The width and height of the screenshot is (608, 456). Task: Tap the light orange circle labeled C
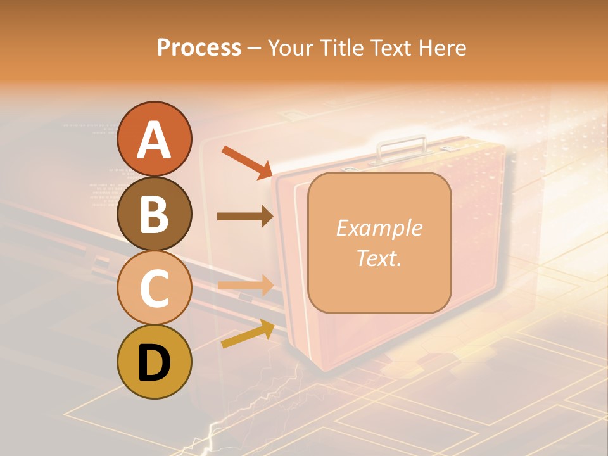point(154,288)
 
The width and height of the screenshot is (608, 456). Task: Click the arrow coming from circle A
point(246,161)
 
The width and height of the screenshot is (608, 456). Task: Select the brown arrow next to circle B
point(245,217)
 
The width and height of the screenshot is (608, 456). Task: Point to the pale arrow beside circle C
point(245,285)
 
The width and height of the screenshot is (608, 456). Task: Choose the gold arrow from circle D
point(248,334)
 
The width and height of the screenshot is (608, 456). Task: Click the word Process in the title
point(199,47)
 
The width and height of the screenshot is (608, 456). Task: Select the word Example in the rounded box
point(379,228)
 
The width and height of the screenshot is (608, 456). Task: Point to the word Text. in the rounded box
point(379,258)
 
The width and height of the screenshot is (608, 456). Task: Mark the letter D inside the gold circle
point(154,364)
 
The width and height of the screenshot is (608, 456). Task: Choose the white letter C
point(154,289)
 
